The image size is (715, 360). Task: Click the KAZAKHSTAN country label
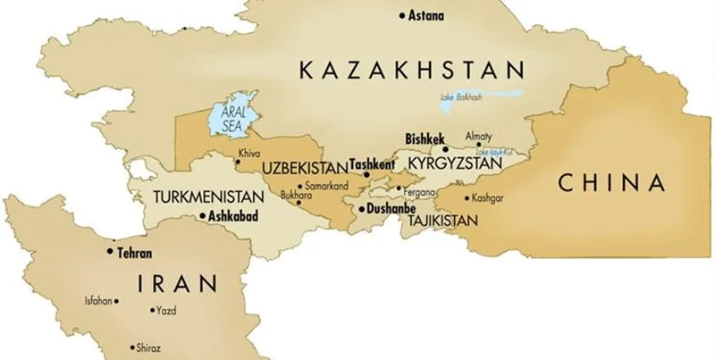pos(410,70)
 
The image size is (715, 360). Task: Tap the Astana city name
pos(426,15)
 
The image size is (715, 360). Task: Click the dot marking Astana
pos(402,15)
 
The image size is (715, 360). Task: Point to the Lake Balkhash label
pos(460,96)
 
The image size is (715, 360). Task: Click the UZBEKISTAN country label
pos(304,167)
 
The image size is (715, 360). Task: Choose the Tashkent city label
pos(373,165)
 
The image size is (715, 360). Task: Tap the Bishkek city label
pos(425,139)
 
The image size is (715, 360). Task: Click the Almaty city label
pos(478,135)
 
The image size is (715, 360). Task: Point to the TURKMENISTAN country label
pos(208,197)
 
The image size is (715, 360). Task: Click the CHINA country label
pos(612,183)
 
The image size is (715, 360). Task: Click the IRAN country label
pos(178,284)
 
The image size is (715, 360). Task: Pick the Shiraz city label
pos(148,347)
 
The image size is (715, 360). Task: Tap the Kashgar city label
pos(488,197)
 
